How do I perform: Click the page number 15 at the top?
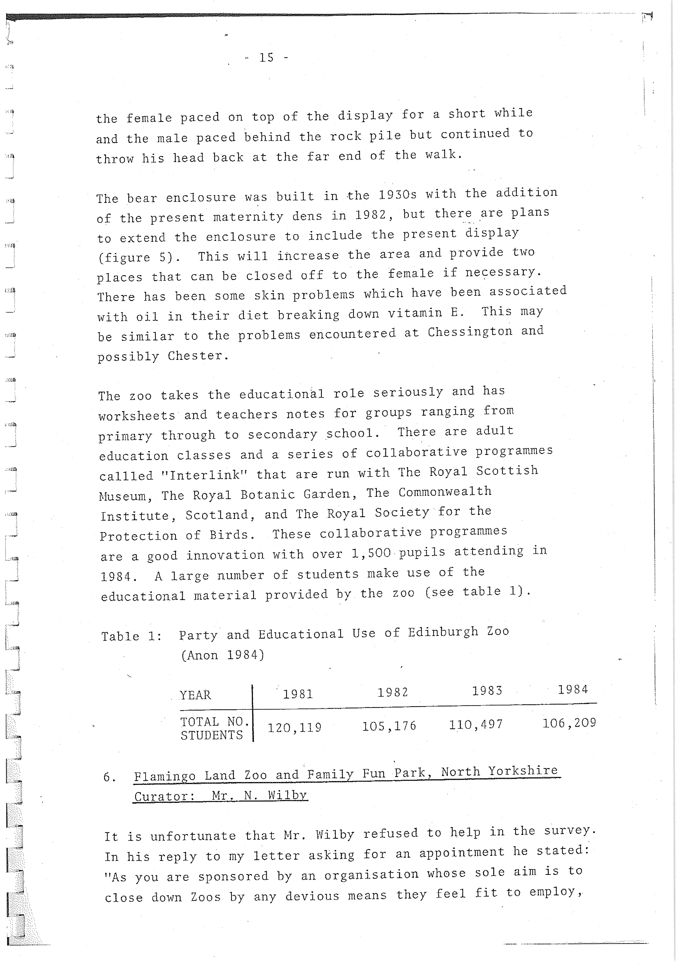point(266,57)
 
